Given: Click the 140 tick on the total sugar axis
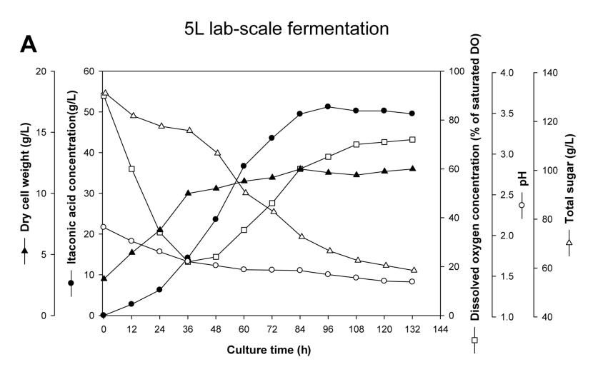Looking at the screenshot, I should tap(549, 72).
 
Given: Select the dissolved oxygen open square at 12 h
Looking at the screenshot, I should tap(131, 169).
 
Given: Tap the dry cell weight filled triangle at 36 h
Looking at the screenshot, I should tap(188, 193).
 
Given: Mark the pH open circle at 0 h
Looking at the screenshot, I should tap(104, 227).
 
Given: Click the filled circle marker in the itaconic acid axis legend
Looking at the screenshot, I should tap(71, 283).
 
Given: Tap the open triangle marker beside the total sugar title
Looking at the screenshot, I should tap(569, 243).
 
